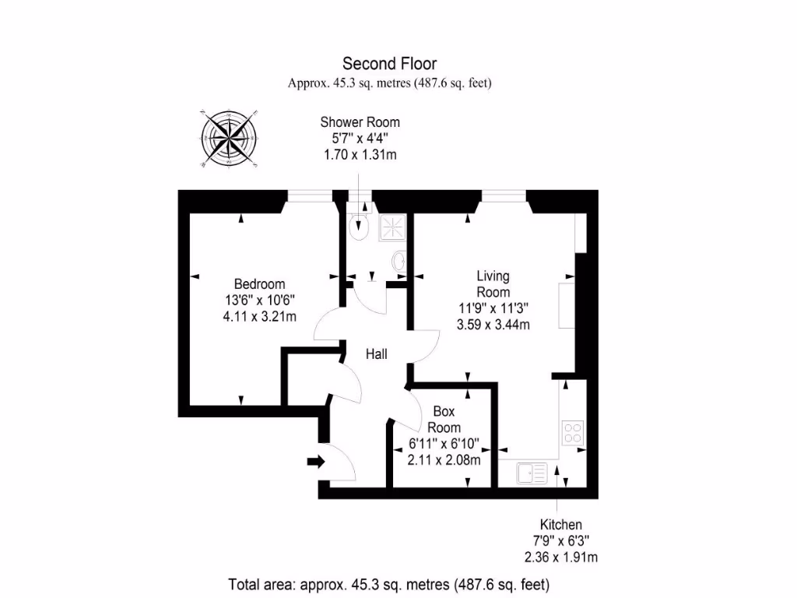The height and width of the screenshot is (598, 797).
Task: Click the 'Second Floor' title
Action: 390,64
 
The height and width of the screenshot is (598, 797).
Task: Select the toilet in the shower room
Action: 359,226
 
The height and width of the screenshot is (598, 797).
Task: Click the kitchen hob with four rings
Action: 573,432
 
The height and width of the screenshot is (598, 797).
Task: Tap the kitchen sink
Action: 532,472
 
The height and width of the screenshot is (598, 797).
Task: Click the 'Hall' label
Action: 377,354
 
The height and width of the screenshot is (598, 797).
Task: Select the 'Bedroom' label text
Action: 260,284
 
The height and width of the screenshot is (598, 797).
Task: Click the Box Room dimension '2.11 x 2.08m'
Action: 444,459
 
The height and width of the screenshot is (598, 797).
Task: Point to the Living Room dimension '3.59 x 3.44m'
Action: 493,324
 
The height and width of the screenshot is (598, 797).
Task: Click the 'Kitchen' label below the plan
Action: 561,525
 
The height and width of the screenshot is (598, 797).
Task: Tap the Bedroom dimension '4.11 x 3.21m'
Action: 260,315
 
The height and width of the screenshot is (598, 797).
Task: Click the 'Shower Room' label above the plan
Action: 360,122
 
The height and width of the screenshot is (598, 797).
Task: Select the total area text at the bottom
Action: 389,583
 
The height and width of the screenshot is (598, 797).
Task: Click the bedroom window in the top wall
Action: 308,195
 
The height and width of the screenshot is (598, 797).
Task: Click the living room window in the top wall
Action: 502,195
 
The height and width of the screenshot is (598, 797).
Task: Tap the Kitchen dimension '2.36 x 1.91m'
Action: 561,557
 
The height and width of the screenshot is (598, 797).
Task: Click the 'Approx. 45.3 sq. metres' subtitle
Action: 390,83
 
